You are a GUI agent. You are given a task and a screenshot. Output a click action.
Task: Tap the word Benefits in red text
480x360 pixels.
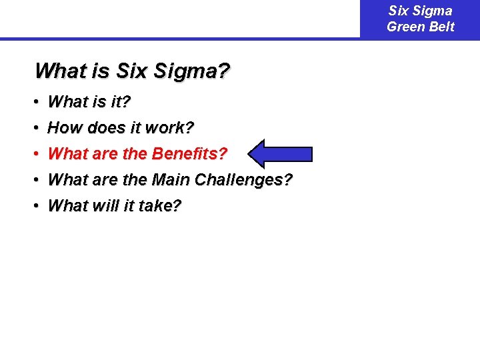(x=189, y=154)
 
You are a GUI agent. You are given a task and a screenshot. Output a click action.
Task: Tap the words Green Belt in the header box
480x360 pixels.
(x=420, y=27)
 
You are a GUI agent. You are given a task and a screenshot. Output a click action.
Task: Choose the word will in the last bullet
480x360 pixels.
(x=98, y=206)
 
